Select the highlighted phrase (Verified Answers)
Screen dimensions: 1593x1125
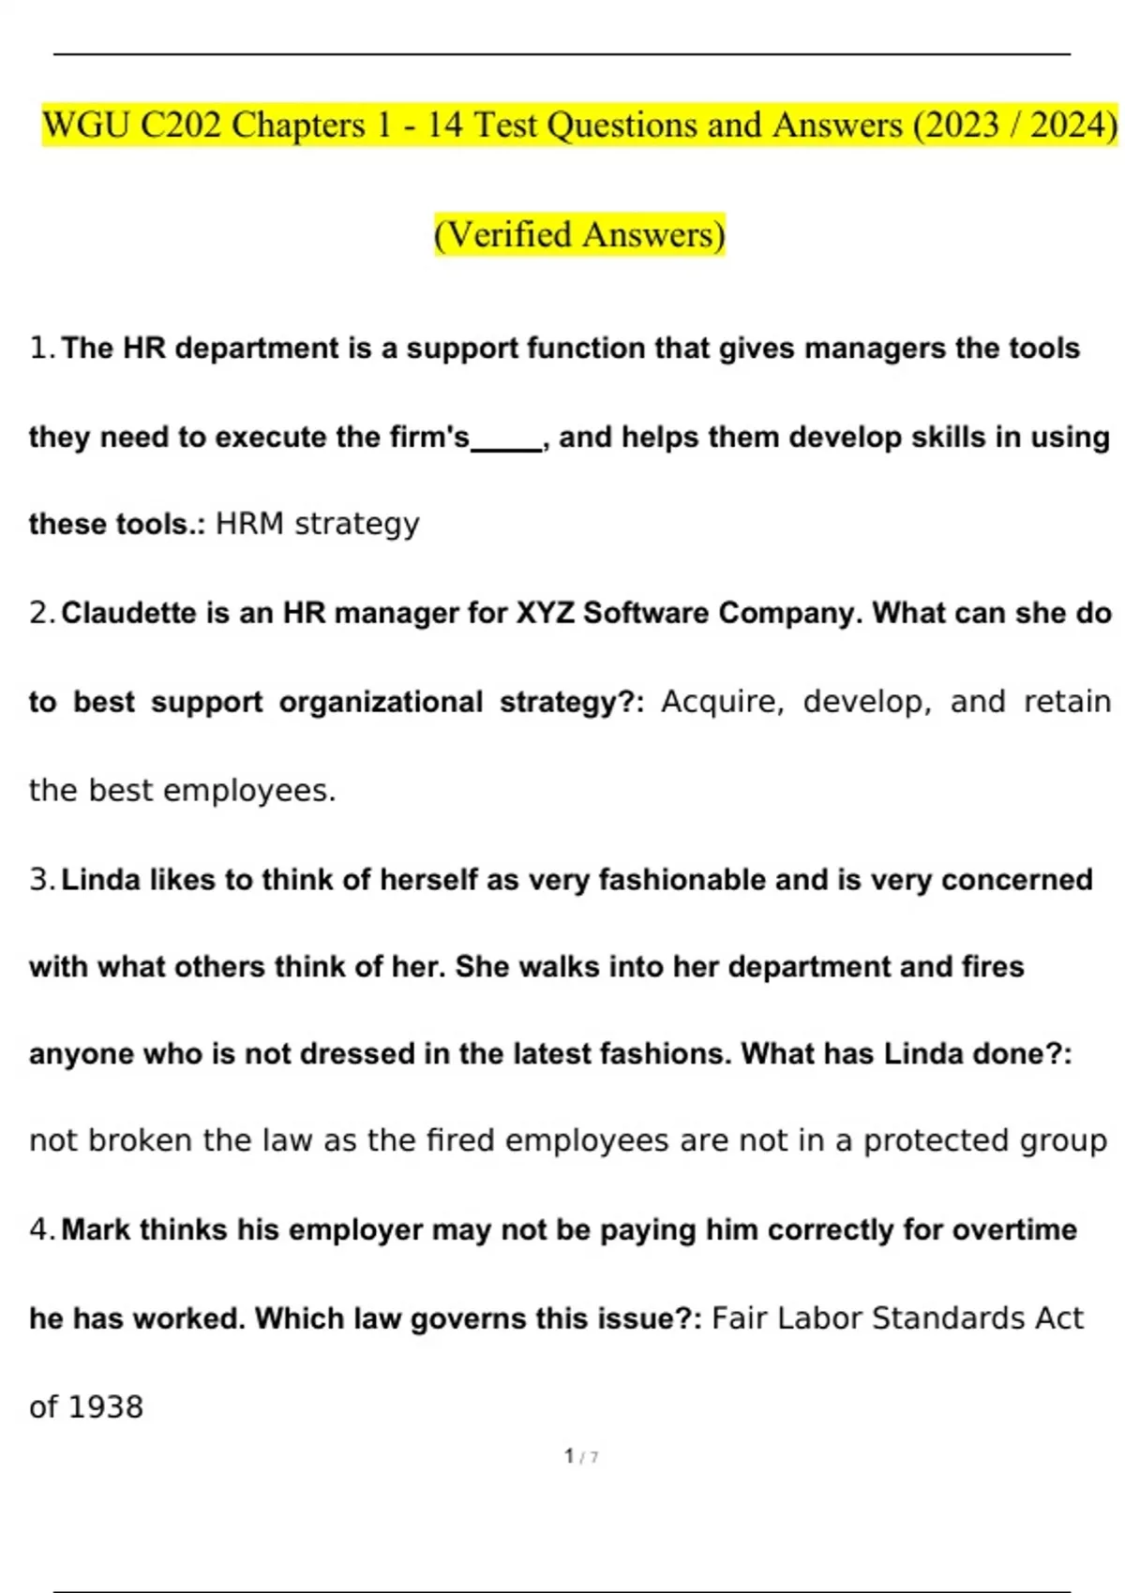coord(579,234)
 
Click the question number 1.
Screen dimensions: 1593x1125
coord(40,349)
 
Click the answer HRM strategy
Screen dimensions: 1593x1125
coord(317,524)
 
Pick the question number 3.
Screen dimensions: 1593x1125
coord(40,880)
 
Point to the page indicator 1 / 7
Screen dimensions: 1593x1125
coord(581,1456)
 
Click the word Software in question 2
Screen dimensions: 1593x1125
coord(646,613)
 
